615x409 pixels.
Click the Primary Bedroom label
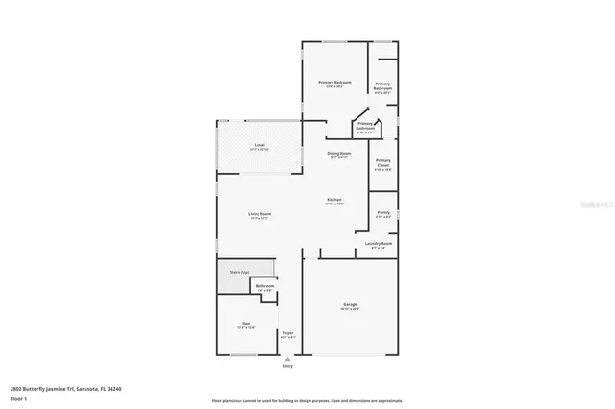click(334, 82)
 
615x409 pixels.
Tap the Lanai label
click(259, 144)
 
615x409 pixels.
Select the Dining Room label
click(339, 153)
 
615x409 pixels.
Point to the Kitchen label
click(333, 200)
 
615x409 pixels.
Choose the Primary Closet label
click(383, 162)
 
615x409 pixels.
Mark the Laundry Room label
click(379, 243)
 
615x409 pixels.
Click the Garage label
click(350, 305)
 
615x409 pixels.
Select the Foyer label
click(287, 332)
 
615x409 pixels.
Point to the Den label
click(246, 324)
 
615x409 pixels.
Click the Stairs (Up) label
click(239, 273)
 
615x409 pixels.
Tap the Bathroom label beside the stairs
click(264, 286)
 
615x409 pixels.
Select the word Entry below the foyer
click(287, 366)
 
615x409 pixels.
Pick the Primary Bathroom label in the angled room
click(366, 124)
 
